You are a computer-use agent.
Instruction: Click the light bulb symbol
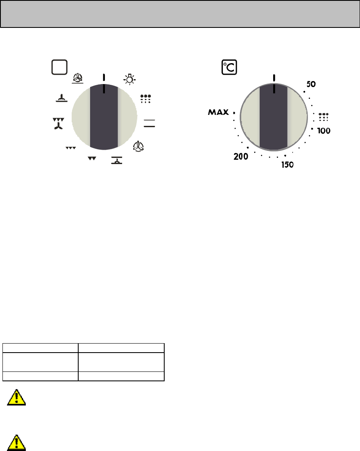129,79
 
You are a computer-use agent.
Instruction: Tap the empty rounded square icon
59,67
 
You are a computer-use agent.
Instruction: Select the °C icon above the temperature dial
229,67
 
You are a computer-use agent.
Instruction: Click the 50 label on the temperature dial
311,84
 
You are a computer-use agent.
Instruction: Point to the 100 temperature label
324,131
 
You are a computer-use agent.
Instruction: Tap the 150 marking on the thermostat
288,165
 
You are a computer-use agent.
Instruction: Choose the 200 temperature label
241,157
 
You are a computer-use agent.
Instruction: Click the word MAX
218,112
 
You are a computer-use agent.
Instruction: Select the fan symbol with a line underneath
77,78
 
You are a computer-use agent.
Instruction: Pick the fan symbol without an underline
138,146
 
